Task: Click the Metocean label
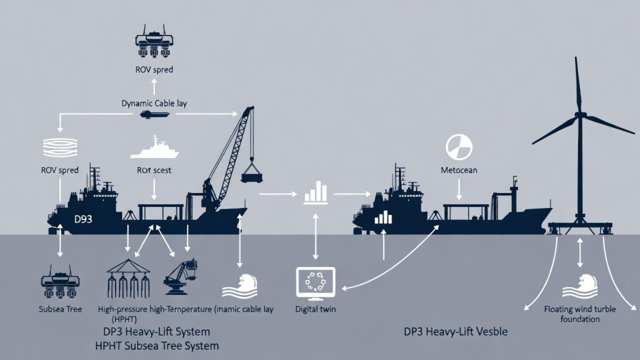coord(459,170)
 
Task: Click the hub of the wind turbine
coord(580,116)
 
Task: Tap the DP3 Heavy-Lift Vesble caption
coord(456,332)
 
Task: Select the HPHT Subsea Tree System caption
coord(156,345)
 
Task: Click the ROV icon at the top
coord(154,39)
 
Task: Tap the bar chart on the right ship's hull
coord(382,216)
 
